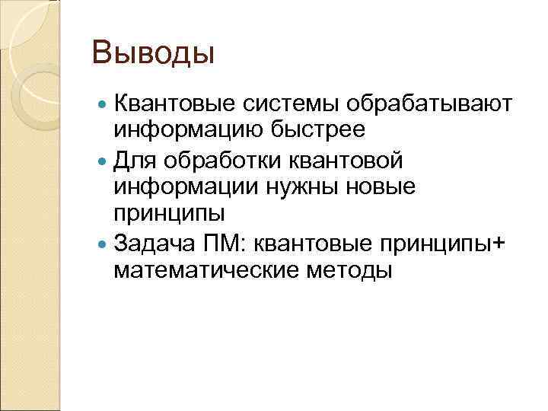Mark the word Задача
tap(153, 243)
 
